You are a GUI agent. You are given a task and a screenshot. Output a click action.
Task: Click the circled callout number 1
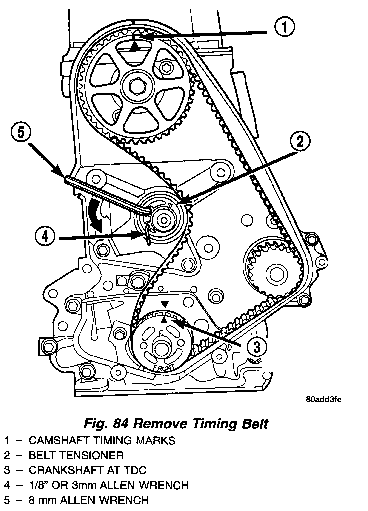point(284,27)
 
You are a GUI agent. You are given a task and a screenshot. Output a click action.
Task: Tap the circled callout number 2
point(299,142)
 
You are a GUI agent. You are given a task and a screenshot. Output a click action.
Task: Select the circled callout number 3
point(255,346)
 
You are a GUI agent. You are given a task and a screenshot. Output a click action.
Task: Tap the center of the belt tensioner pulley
point(163,219)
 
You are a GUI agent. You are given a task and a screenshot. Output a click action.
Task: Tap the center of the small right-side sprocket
point(274,273)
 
